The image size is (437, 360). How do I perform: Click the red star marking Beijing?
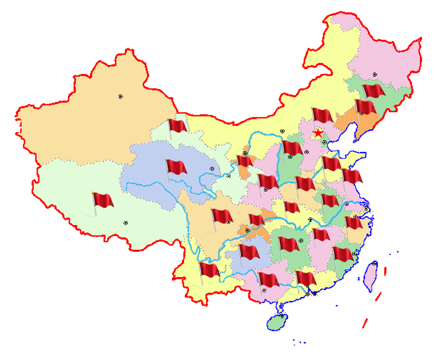pyautogui.click(x=318, y=133)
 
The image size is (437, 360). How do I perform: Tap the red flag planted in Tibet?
pyautogui.click(x=103, y=201)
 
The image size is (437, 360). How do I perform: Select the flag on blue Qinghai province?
pyautogui.click(x=176, y=167)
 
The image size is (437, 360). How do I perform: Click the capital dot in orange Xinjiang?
pyautogui.click(x=120, y=96)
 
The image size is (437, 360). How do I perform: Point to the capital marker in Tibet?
pyautogui.click(x=125, y=223)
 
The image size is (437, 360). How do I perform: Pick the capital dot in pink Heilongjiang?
pyautogui.click(x=374, y=75)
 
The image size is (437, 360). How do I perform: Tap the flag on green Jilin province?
pyautogui.click(x=374, y=91)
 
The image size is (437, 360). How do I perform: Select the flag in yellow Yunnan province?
pyautogui.click(x=209, y=271)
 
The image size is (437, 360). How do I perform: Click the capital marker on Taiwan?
pyautogui.click(x=374, y=264)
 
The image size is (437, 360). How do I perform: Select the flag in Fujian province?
pyautogui.click(x=343, y=255)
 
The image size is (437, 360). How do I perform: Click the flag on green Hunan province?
pyautogui.click(x=288, y=244)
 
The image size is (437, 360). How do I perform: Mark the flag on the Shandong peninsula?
pyautogui.click(x=352, y=176)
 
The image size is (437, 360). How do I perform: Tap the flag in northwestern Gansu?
pyautogui.click(x=177, y=126)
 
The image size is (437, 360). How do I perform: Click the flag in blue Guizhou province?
pyautogui.click(x=249, y=252)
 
